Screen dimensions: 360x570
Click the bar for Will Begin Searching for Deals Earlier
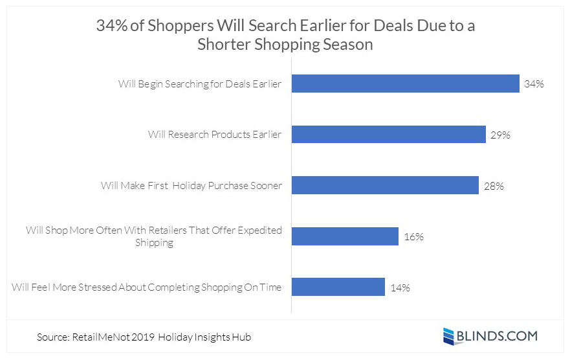(x=405, y=84)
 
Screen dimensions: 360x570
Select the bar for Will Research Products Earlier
(x=388, y=134)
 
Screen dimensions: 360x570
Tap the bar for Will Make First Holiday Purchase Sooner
(x=385, y=185)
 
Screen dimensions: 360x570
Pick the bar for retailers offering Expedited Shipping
(x=345, y=236)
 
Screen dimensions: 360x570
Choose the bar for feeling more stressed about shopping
(x=338, y=287)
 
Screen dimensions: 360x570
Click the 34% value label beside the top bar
(x=534, y=84)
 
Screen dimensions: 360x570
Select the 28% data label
(x=494, y=186)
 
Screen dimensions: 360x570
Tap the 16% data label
(x=413, y=236)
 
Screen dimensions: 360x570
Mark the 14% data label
(x=400, y=287)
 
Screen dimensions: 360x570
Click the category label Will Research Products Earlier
(x=215, y=135)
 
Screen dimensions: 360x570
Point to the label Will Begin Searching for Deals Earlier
(x=200, y=84)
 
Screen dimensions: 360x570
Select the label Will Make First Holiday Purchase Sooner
(x=192, y=186)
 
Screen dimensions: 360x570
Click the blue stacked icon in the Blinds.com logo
(x=450, y=335)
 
